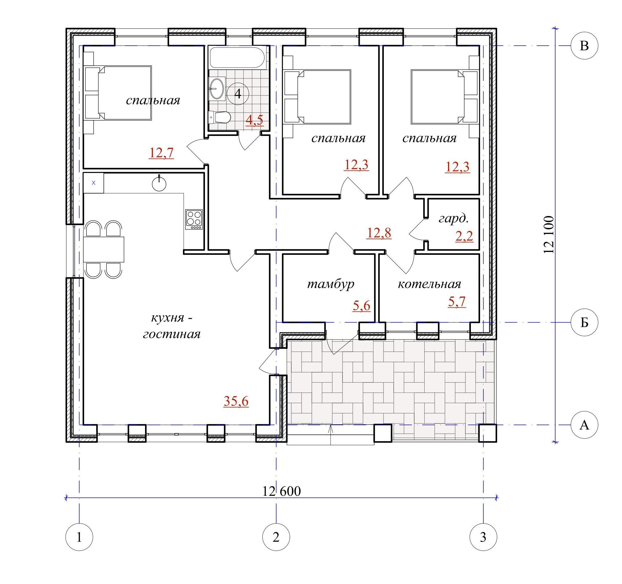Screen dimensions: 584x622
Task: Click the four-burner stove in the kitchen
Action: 194,219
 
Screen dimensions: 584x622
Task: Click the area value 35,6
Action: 236,401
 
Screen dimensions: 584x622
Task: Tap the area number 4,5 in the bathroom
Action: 254,120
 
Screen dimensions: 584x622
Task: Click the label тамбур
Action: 331,284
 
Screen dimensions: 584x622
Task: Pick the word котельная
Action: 429,284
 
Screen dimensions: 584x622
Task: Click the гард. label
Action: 454,218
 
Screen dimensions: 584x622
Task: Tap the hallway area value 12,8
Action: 379,233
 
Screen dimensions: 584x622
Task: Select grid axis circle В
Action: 584,46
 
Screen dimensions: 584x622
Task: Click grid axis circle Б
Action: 584,323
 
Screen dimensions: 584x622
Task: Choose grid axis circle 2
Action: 276,537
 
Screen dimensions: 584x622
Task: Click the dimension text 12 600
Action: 282,491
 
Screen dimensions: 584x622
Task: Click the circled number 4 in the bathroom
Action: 238,94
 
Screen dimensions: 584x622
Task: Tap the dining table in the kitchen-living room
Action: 103,250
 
